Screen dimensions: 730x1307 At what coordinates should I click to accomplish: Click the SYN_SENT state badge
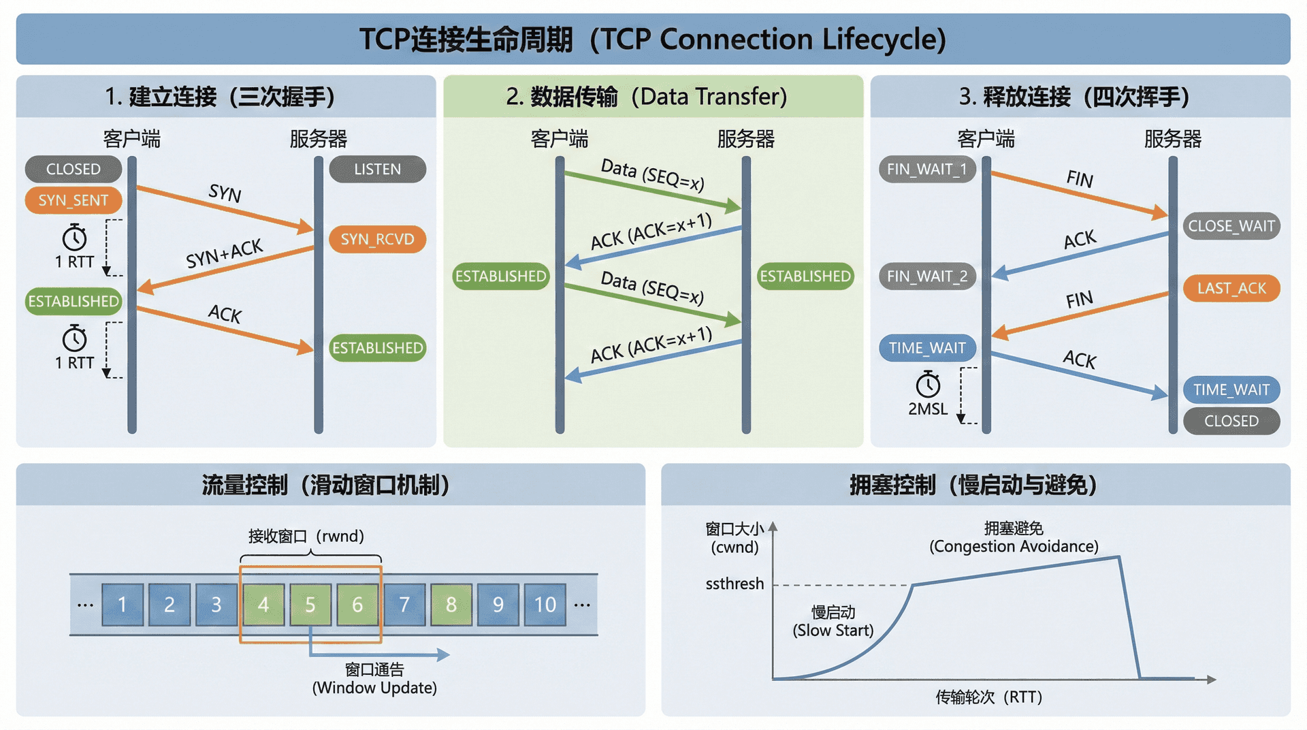click(74, 200)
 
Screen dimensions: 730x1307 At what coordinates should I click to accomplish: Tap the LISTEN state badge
click(377, 169)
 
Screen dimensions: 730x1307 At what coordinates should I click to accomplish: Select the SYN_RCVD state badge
click(377, 239)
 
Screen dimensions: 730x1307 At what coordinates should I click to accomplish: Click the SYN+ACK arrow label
click(224, 254)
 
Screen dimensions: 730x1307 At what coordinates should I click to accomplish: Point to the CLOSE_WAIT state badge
click(1231, 226)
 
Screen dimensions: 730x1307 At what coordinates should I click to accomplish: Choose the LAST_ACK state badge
click(1231, 288)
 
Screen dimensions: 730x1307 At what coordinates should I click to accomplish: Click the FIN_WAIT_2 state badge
click(926, 276)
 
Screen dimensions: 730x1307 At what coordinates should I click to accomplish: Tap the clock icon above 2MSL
click(928, 385)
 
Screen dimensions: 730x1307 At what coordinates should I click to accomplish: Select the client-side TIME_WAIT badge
click(926, 348)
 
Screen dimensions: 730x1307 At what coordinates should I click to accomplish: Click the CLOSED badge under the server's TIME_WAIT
click(1231, 421)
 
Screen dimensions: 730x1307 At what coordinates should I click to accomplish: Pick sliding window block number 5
click(310, 604)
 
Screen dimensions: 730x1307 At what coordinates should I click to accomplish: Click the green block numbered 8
click(451, 604)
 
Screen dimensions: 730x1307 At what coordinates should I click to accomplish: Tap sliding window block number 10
click(545, 604)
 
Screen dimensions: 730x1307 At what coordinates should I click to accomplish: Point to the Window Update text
click(374, 688)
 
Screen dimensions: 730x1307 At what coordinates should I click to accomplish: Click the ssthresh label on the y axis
click(735, 584)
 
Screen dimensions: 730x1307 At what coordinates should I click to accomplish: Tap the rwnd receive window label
click(306, 536)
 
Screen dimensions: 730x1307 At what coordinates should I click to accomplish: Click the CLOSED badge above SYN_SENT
click(74, 169)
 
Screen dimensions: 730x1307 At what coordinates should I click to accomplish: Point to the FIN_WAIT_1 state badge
click(926, 169)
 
